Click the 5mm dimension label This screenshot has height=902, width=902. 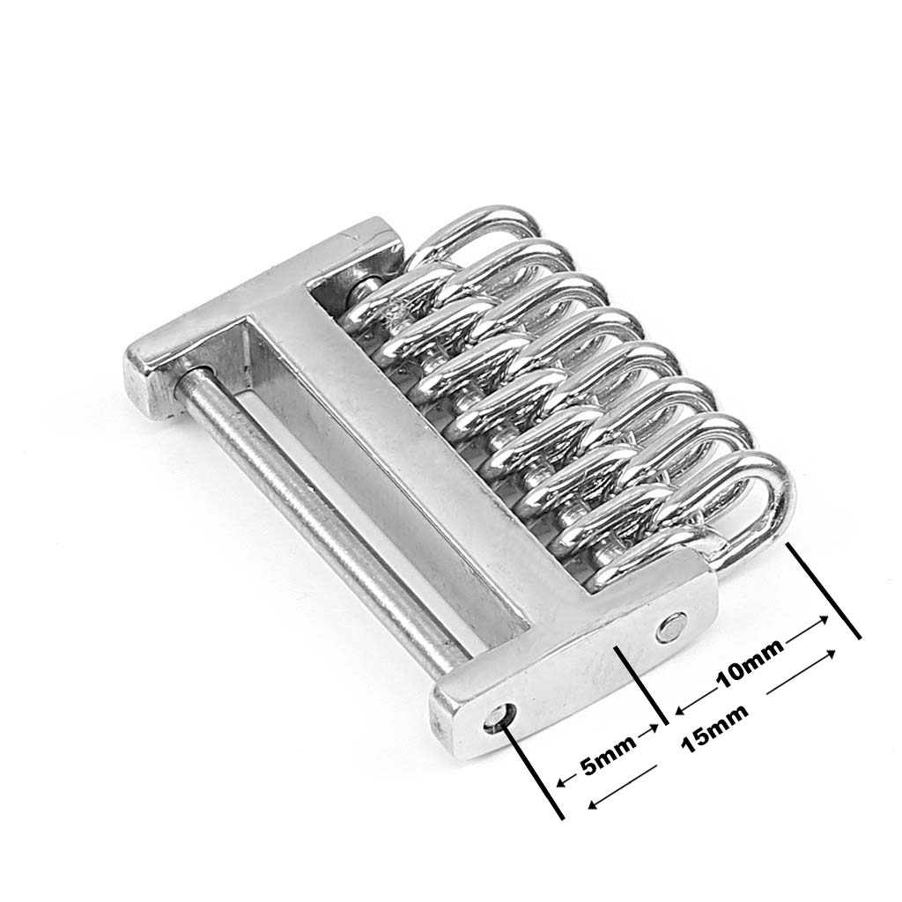[608, 754]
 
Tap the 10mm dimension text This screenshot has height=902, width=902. [750, 663]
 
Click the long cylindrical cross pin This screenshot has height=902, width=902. [322, 518]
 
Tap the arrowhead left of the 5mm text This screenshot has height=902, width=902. [562, 782]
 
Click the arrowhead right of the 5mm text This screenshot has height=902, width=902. [653, 728]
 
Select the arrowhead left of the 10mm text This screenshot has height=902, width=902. [681, 711]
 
